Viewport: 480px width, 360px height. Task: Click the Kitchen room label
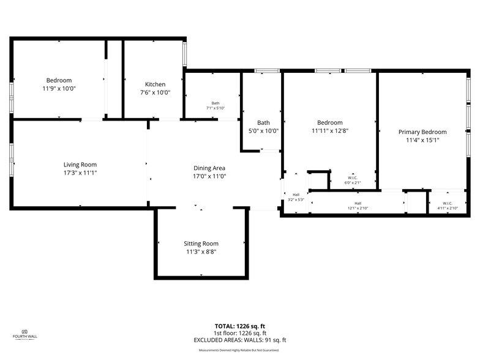155,84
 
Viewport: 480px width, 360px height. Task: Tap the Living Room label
80,165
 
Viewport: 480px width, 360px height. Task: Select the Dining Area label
209,168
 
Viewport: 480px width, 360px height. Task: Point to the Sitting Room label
201,243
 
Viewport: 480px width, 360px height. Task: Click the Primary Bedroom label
422,132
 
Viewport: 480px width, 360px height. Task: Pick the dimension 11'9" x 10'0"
59,89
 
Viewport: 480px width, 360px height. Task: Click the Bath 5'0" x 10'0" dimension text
263,130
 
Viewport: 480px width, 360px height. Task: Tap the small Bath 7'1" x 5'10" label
216,105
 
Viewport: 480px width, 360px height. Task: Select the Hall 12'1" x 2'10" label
358,206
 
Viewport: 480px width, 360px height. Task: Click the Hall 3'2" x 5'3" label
296,197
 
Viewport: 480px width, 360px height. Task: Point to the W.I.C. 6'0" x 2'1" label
352,181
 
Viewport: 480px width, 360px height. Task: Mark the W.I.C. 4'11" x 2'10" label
448,206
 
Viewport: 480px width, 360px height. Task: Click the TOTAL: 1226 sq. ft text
239,326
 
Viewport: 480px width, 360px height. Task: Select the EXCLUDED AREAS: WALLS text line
239,340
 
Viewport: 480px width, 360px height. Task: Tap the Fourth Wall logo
22,334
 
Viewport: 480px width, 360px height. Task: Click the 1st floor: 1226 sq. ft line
239,333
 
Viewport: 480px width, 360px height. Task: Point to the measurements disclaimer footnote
239,350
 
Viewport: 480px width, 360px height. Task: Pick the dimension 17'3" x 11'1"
80,173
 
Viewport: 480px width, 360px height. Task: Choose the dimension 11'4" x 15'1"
422,140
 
